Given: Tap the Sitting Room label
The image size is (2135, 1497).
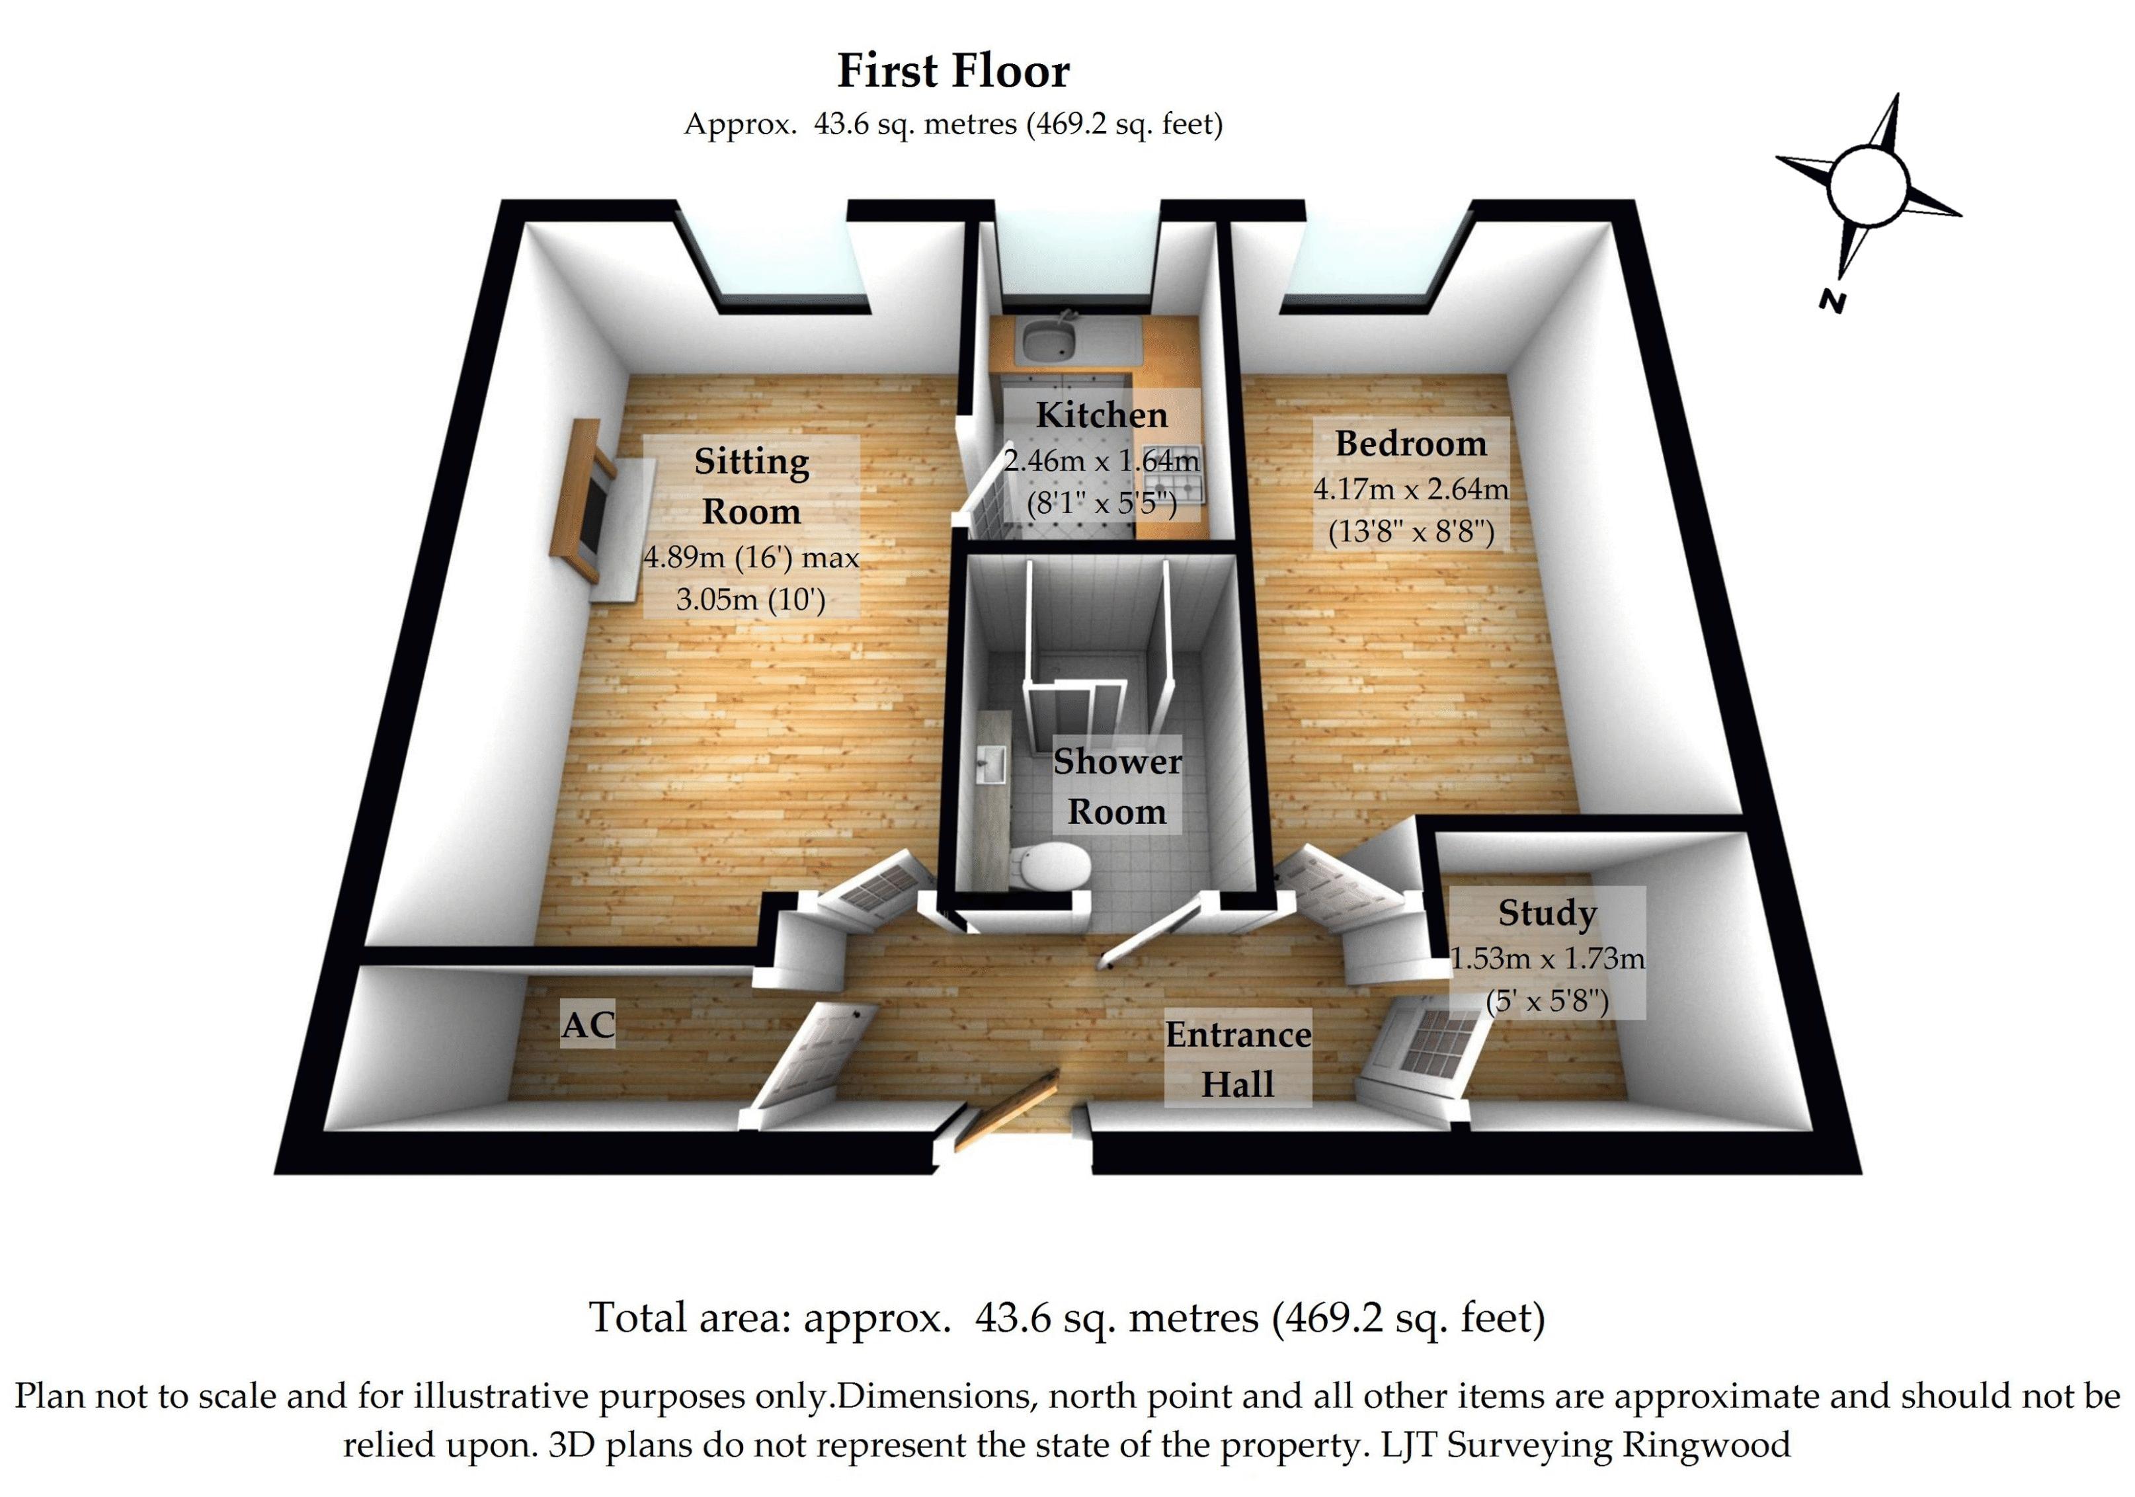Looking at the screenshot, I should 750,485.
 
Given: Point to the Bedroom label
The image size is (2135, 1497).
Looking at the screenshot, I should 1410,444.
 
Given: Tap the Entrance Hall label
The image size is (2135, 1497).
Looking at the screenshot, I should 1238,1059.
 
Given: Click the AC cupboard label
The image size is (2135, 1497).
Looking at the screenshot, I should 588,1025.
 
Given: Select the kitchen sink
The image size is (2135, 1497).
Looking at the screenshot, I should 1048,341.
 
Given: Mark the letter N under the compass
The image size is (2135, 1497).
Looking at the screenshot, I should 1831,302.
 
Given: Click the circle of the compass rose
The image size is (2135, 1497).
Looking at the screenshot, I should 1867,186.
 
